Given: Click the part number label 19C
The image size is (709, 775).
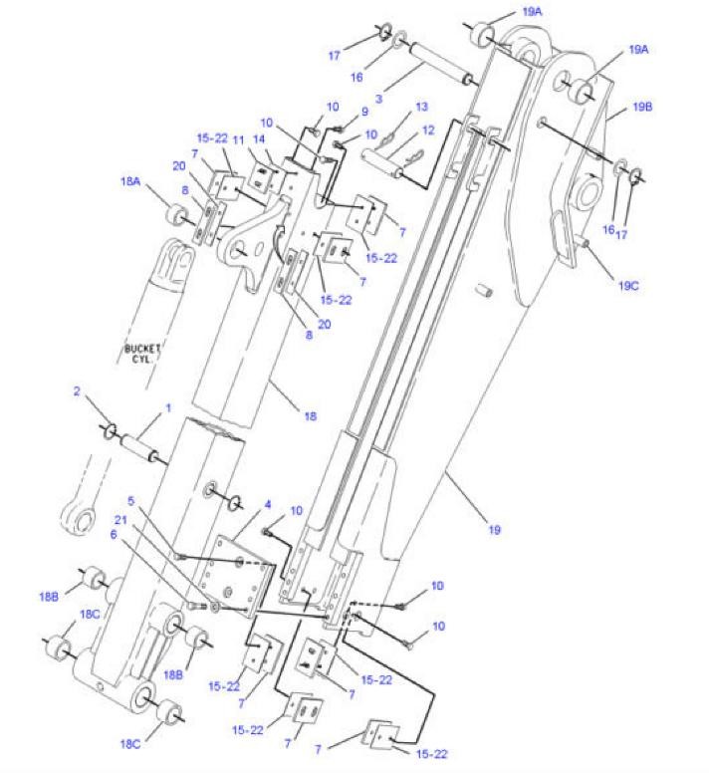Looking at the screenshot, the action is click(628, 286).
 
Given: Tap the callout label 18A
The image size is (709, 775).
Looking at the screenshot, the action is click(130, 181).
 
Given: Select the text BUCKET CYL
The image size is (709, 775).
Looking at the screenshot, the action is click(141, 354).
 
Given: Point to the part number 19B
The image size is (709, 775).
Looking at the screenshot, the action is click(642, 107).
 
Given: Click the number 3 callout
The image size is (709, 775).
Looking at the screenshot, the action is click(378, 99).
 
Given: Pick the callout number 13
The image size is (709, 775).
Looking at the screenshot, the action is click(421, 107).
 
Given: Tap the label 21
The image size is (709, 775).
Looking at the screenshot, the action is click(121, 520).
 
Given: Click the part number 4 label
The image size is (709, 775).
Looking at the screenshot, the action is click(268, 505).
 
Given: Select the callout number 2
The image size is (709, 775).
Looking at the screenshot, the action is click(77, 391).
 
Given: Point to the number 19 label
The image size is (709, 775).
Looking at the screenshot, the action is click(495, 530).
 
